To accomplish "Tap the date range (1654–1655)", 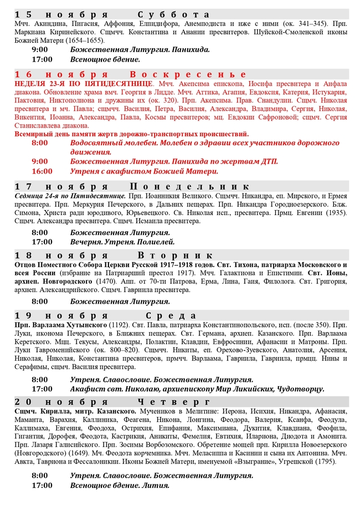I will coord(80,40).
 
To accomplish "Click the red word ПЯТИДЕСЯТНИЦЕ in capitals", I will coord(124,83).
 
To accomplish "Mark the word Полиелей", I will coord(158,242).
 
